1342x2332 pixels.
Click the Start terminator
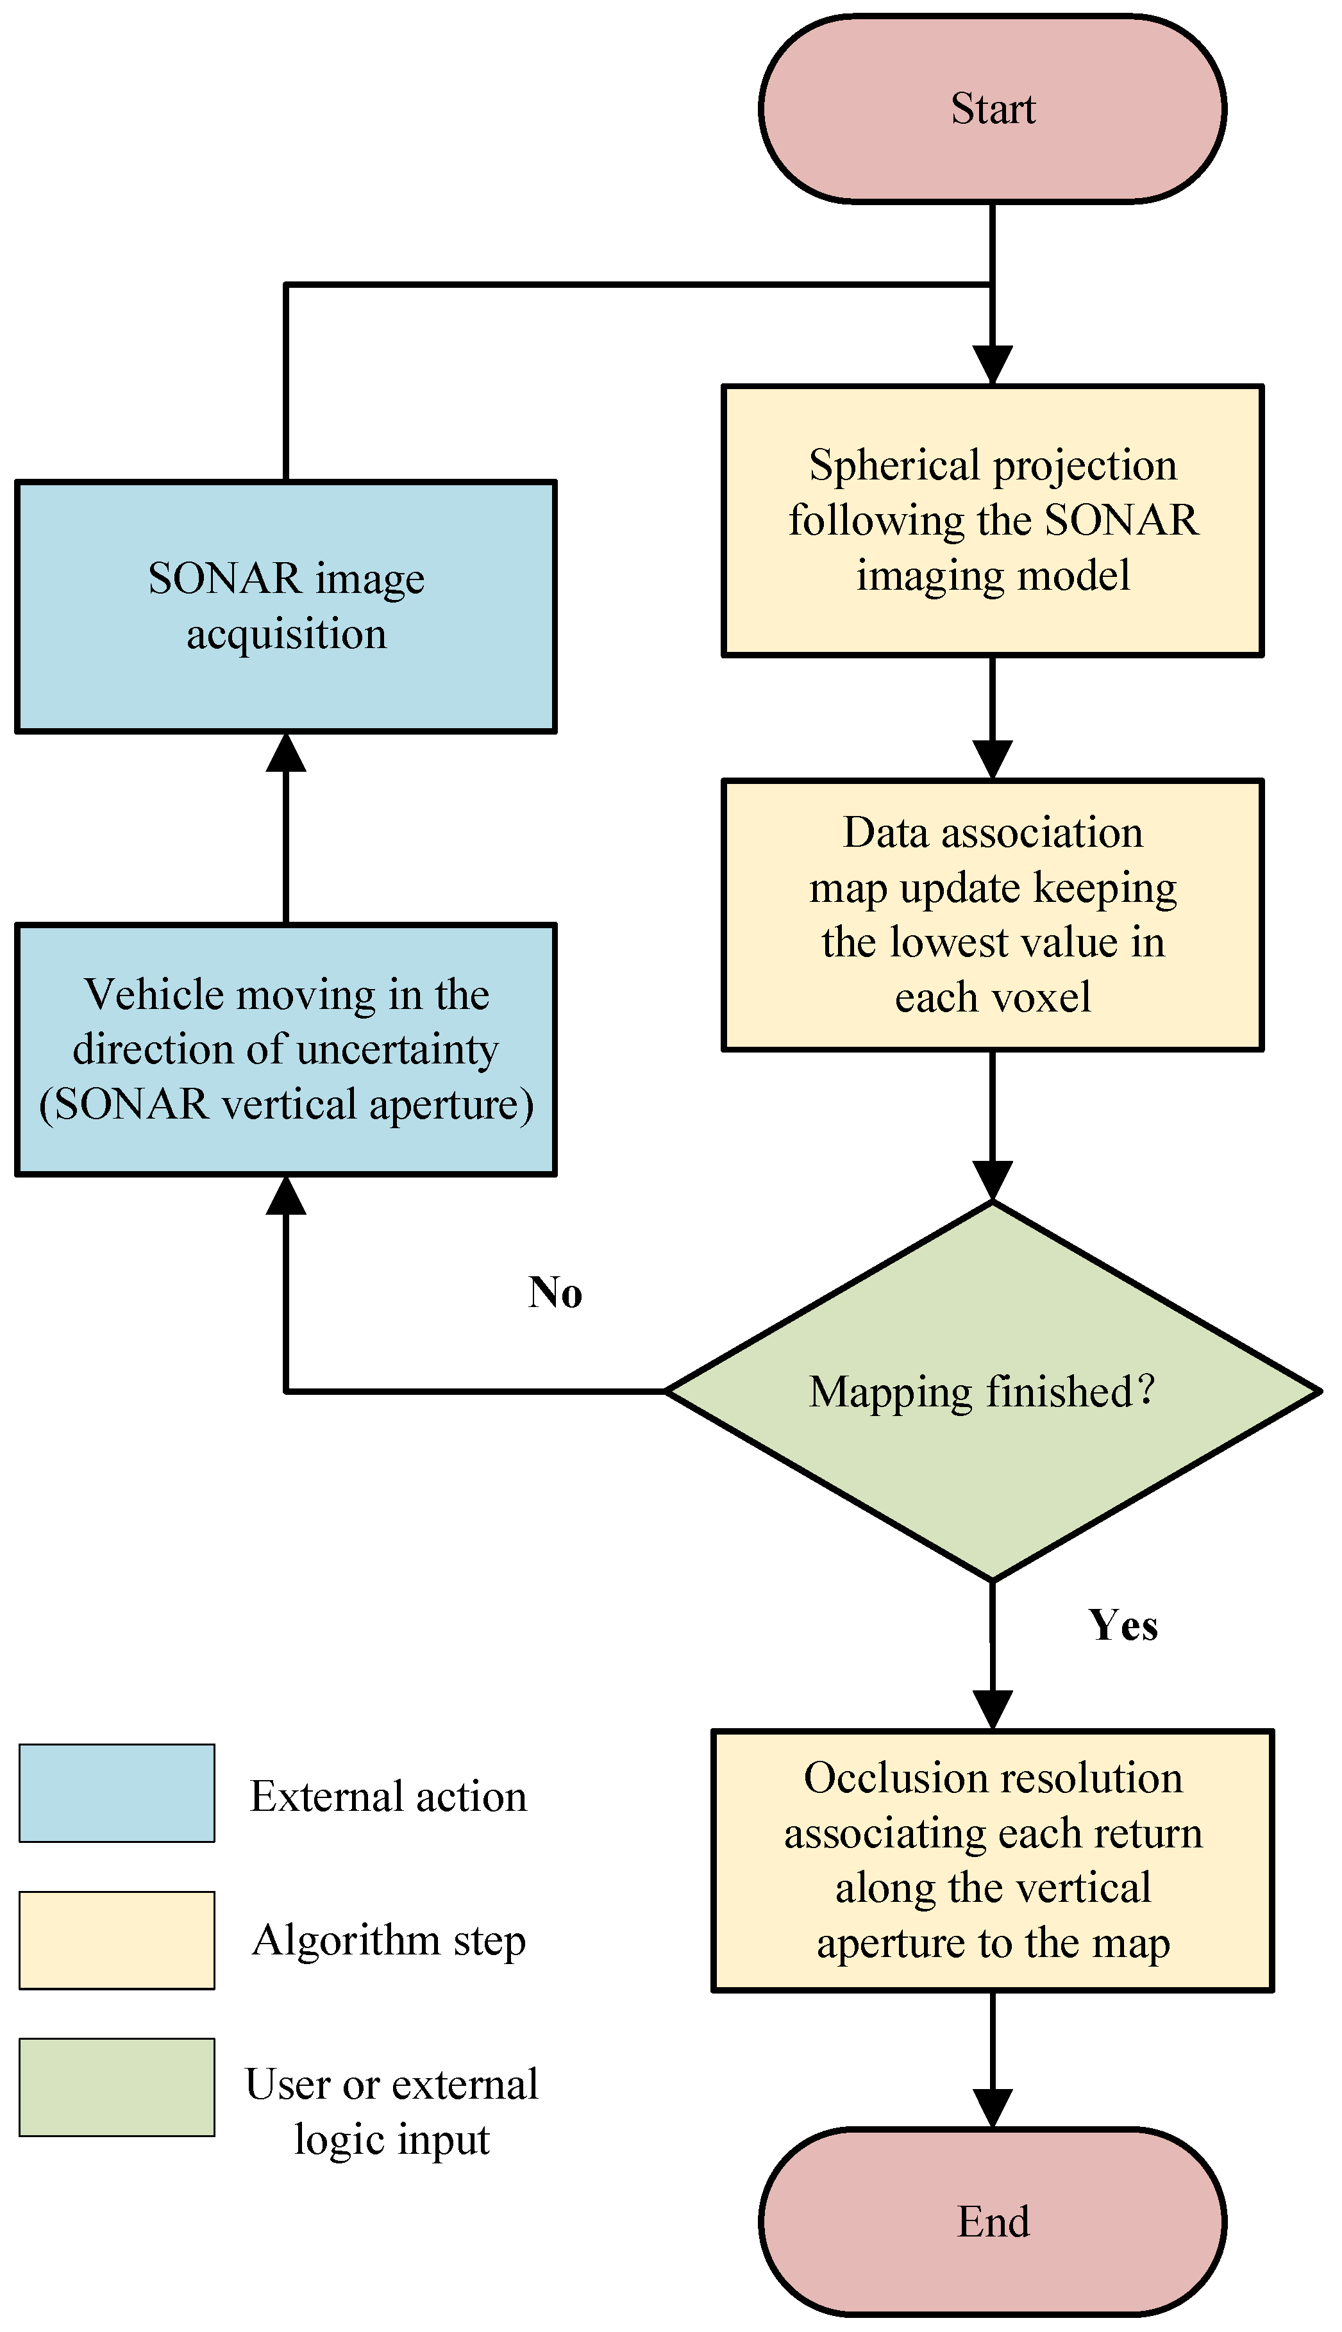click(x=992, y=109)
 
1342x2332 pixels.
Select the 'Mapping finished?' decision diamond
click(x=992, y=1390)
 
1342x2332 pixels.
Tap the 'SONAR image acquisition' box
click(x=286, y=606)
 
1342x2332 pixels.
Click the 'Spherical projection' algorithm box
click(x=992, y=521)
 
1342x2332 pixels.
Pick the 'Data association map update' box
click(x=992, y=915)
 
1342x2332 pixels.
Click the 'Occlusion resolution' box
click(x=992, y=1860)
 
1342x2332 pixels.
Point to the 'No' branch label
click(x=555, y=1293)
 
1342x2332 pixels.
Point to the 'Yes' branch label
click(x=1123, y=1626)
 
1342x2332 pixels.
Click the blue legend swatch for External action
click(x=117, y=1793)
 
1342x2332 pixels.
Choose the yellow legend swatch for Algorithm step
click(x=117, y=1940)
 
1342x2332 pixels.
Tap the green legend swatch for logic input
click(x=117, y=2087)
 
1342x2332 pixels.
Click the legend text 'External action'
click(x=388, y=1797)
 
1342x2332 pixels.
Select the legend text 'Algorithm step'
click(x=388, y=1940)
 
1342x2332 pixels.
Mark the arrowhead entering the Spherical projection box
click(x=992, y=366)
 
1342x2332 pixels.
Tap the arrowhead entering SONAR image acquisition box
click(x=286, y=753)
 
